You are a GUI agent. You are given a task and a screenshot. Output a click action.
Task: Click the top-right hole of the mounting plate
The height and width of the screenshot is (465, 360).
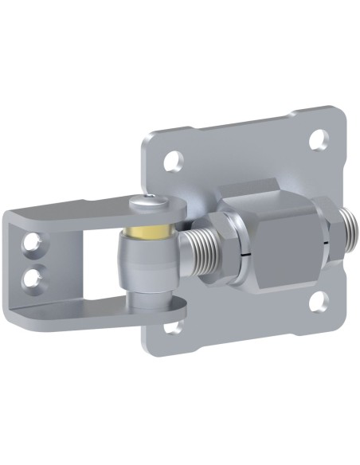point(319,140)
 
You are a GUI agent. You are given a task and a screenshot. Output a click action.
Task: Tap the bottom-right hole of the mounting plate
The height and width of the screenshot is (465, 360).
point(316,300)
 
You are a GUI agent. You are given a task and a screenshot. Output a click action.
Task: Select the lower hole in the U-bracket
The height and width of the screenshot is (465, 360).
point(33,277)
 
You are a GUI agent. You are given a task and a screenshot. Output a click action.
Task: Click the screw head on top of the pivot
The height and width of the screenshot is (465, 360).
point(150,203)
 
